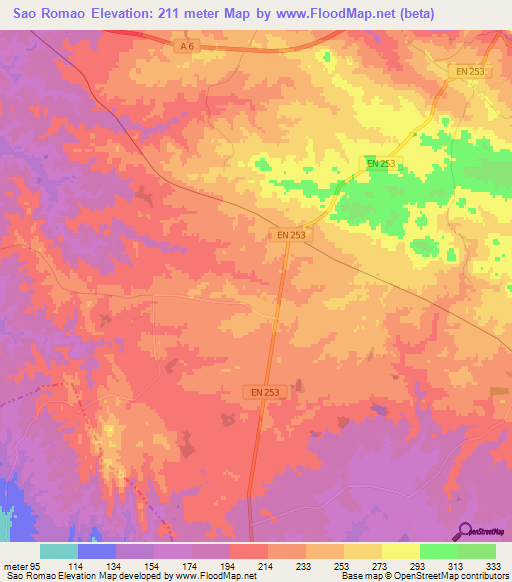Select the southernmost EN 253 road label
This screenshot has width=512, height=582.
click(265, 393)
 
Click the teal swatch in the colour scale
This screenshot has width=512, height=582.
click(59, 551)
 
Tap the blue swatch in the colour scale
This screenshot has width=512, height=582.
click(97, 551)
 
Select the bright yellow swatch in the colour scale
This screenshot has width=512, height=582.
click(401, 551)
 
